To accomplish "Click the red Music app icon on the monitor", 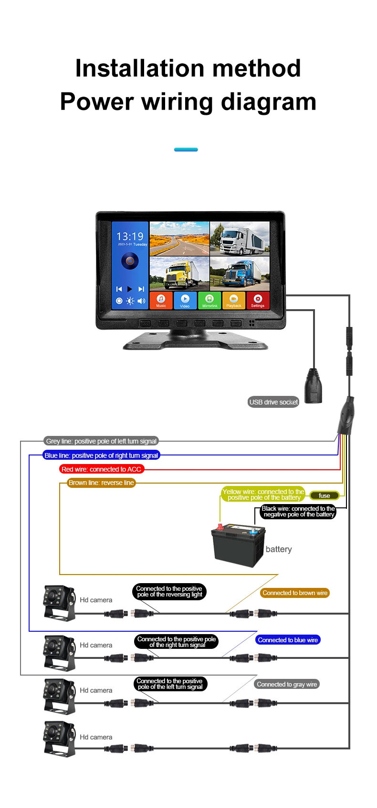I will [x=161, y=301].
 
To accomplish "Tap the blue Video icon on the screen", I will [x=185, y=301].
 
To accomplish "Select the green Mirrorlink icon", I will [x=209, y=301].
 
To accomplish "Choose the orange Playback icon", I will [x=234, y=301].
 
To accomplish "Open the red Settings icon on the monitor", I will [x=258, y=301].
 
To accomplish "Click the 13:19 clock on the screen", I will [x=130, y=236].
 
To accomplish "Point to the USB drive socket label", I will [x=273, y=402].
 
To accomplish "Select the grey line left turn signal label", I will [x=101, y=441].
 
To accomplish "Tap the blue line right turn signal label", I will [x=101, y=455].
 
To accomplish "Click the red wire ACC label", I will [x=102, y=469].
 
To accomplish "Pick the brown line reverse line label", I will [x=101, y=483].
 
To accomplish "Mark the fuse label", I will [x=325, y=495].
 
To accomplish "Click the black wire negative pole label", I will [x=298, y=512].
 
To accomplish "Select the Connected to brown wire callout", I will [x=295, y=593].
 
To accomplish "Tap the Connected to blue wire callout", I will [x=288, y=640].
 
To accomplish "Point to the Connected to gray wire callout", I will [x=287, y=684].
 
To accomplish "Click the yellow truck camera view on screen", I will [x=179, y=273].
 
